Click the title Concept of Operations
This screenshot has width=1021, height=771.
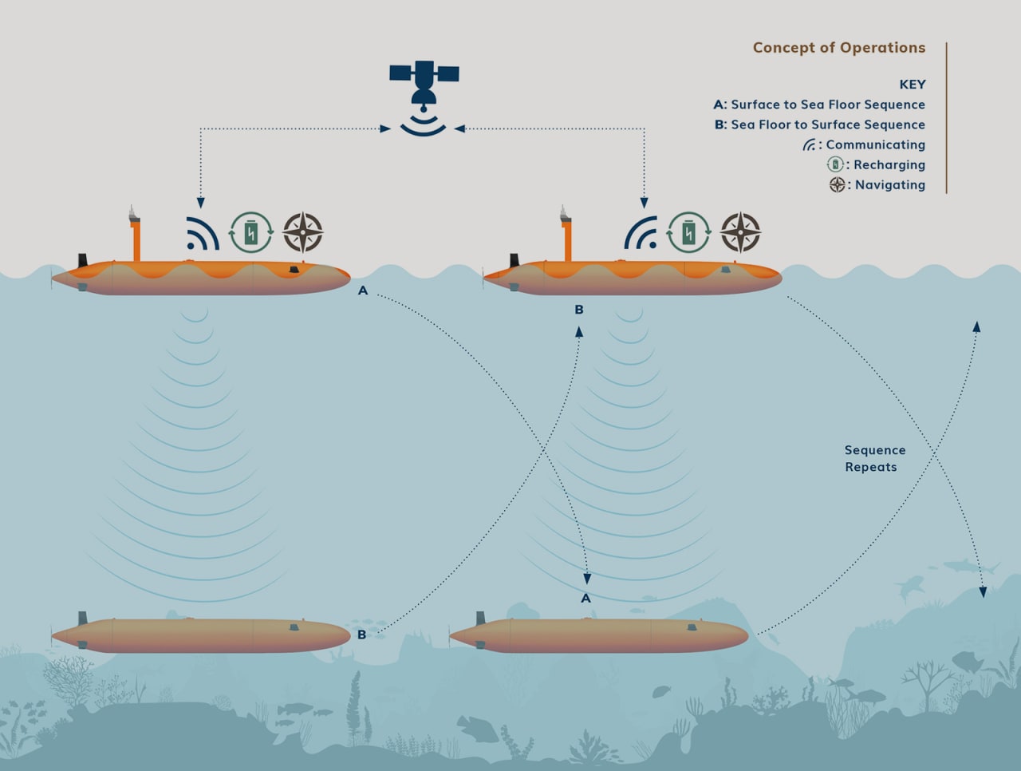tap(838, 48)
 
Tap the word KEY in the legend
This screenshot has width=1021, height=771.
tap(912, 85)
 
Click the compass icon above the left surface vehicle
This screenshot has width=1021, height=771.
tap(303, 232)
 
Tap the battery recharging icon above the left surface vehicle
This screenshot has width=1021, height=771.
tap(251, 232)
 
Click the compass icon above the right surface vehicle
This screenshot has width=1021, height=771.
tap(740, 232)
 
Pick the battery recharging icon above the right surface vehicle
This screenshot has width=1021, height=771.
tap(688, 232)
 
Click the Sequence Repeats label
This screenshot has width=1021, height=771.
tap(874, 459)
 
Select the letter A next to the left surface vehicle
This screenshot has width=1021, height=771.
tap(363, 291)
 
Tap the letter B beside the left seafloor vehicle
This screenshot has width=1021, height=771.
tap(361, 635)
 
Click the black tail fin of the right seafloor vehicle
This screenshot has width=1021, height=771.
tap(480, 619)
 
